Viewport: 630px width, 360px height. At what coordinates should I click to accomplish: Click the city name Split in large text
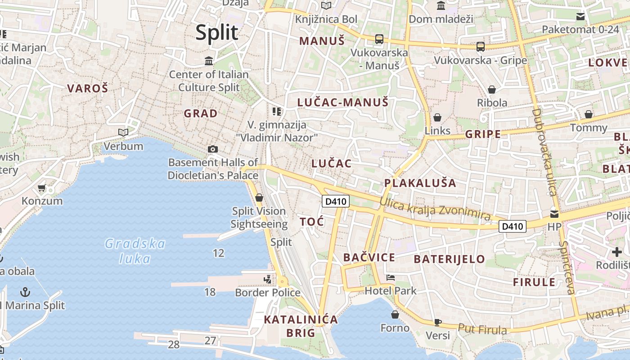(x=217, y=33)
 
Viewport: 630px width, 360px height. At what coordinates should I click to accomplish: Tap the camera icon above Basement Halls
(x=213, y=149)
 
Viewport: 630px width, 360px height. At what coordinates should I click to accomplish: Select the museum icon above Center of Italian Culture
(x=209, y=61)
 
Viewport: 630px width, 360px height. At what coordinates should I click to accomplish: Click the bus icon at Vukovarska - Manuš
(x=379, y=39)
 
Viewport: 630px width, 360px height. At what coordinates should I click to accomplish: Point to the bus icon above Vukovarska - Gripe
(x=481, y=46)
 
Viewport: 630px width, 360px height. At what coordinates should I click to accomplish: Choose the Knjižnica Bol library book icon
(x=326, y=6)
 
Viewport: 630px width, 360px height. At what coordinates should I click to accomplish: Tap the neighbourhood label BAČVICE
(x=369, y=258)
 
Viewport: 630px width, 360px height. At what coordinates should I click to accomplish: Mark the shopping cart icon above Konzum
(x=42, y=188)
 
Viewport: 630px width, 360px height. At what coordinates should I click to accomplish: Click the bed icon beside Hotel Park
(x=391, y=278)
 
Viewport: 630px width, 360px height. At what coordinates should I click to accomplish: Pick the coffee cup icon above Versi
(x=438, y=322)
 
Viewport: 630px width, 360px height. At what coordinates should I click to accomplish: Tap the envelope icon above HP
(x=554, y=214)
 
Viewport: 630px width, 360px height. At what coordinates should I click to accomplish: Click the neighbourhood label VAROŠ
(x=88, y=89)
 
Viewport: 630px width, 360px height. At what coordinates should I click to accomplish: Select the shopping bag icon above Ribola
(x=492, y=90)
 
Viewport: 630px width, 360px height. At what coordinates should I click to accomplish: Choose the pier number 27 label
(x=211, y=341)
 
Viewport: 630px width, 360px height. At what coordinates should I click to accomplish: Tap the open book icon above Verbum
(x=123, y=132)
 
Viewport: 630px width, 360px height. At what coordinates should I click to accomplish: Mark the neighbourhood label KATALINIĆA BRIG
(x=301, y=326)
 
